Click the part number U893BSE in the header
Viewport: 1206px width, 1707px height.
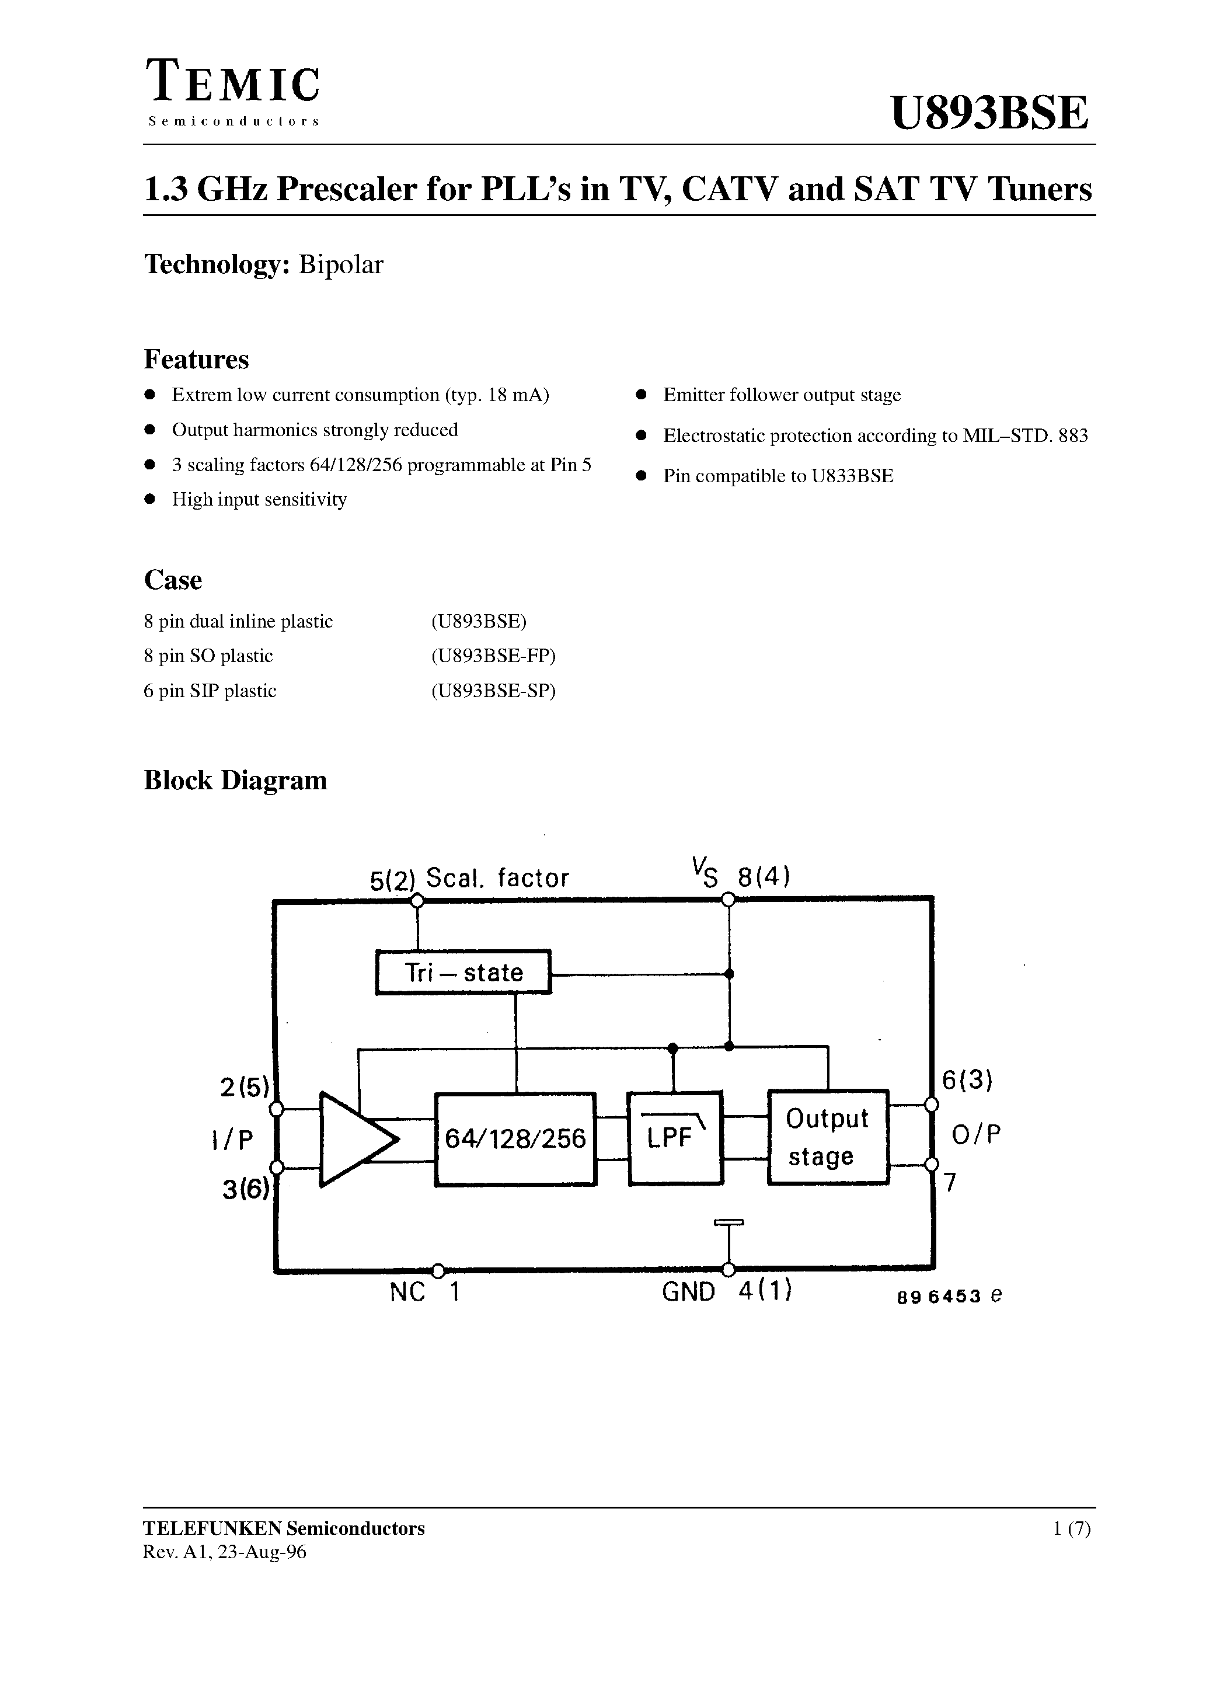[989, 113]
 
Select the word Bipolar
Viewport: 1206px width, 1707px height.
[340, 264]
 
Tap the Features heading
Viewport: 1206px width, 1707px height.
[196, 360]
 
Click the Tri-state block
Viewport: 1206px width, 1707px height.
[463, 971]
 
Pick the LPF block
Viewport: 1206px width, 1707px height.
[674, 1137]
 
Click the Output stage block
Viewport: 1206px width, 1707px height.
[828, 1137]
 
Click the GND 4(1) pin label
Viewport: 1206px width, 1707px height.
[726, 1292]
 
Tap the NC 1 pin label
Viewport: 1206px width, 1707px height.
[424, 1292]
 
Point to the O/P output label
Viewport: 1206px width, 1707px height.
[976, 1134]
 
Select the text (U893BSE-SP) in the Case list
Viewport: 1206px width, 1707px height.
[493, 691]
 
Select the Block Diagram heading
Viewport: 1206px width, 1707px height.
[235, 780]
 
